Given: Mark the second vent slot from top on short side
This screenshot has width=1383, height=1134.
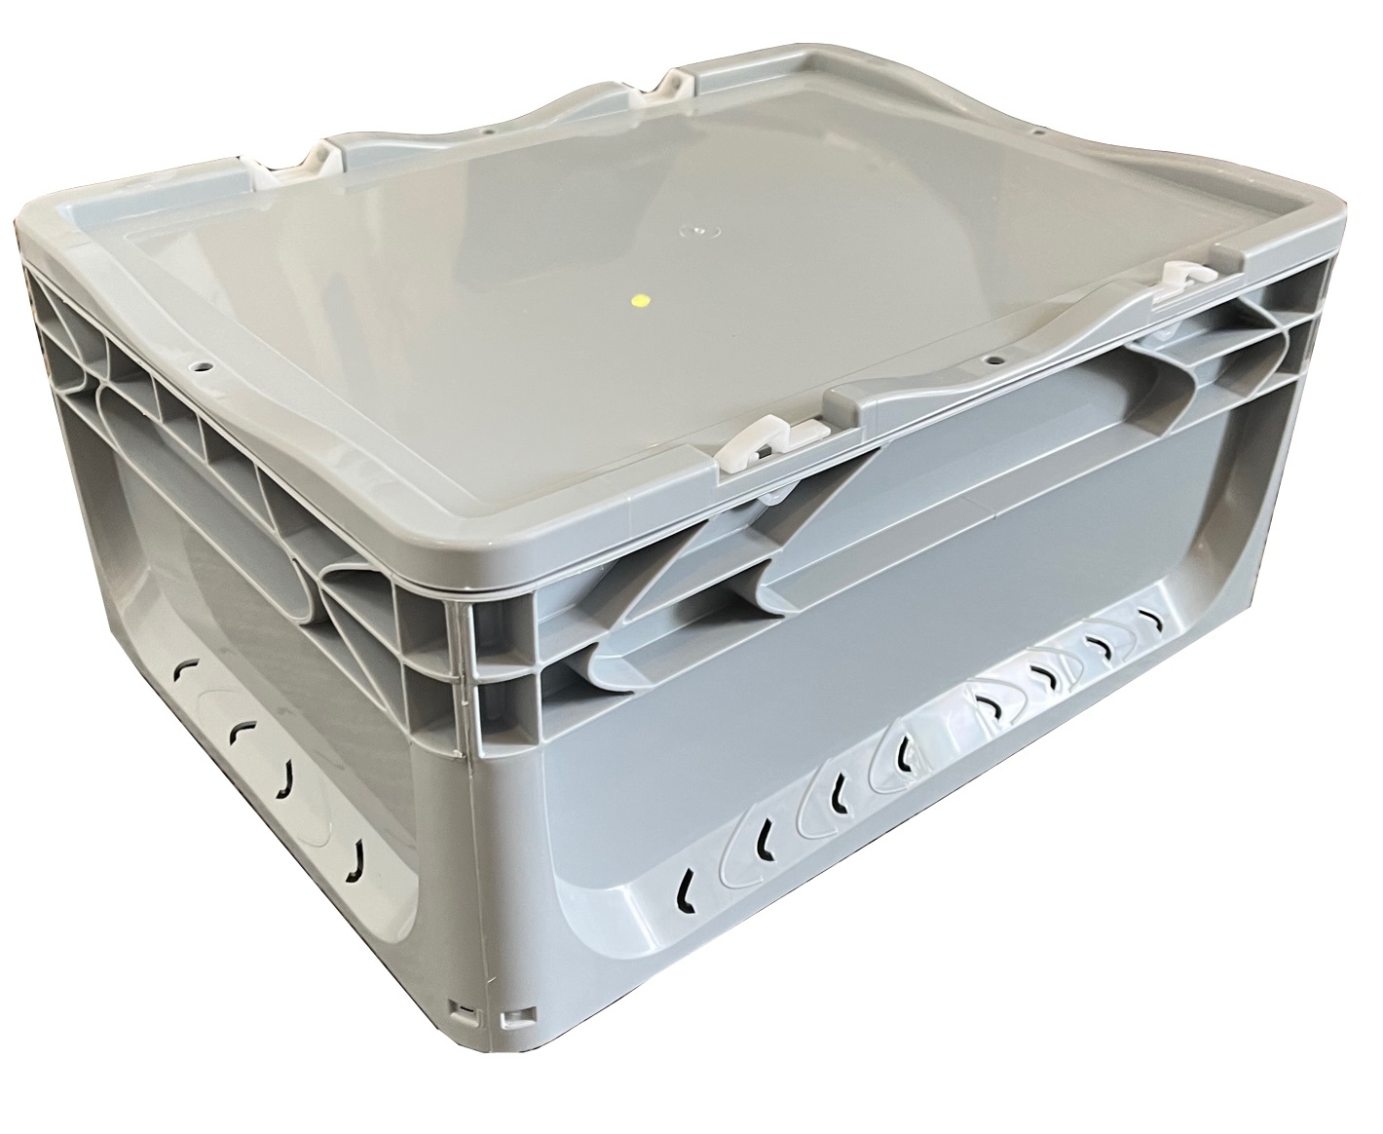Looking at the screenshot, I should pyautogui.click(x=237, y=731).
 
